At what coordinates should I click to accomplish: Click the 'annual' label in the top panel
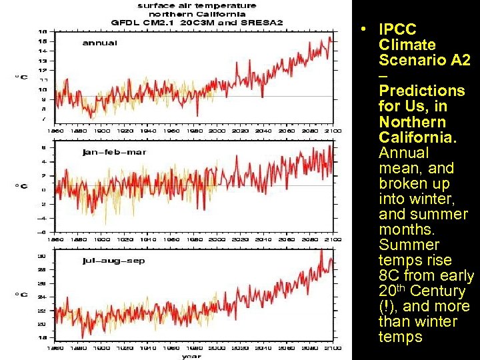99,43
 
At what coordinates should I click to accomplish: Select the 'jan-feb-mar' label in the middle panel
114,152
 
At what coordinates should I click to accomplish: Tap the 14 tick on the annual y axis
42,51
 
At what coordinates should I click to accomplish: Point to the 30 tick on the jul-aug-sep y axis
42,255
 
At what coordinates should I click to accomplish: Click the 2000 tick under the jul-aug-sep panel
218,347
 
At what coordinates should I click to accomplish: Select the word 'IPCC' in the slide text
397,30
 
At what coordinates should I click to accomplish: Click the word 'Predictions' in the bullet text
421,91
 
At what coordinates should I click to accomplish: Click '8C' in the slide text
389,276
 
